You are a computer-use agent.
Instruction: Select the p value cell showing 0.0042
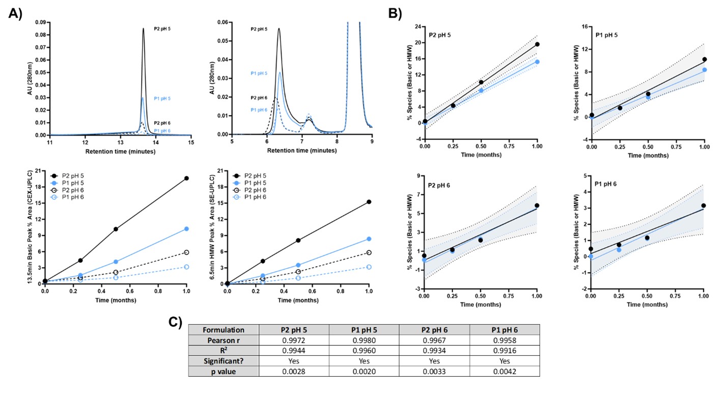click(x=505, y=372)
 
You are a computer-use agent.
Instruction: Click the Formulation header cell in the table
click(x=223, y=330)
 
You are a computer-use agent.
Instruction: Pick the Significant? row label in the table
click(x=223, y=361)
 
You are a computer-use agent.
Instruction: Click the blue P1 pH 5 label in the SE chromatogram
click(x=259, y=73)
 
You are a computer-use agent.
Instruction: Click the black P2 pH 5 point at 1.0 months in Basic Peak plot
click(x=186, y=178)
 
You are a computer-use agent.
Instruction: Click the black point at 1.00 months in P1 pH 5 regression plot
click(x=704, y=59)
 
